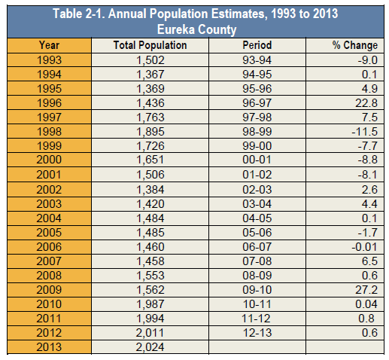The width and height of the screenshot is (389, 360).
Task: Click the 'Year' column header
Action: coord(49,45)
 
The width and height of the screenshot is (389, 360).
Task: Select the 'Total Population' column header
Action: coord(150,45)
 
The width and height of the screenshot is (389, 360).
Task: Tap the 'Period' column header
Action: coord(257,45)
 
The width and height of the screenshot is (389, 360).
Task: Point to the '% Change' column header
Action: coord(355,45)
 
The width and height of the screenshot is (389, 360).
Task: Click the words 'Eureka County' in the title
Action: coord(196,29)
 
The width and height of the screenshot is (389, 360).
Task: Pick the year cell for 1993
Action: coord(49,60)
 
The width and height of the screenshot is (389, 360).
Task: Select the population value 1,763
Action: coord(150,117)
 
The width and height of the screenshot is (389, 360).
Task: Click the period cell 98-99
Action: coord(257,132)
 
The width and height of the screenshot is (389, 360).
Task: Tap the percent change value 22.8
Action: coord(366,103)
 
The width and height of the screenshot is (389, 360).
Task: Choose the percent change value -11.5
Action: coord(364,132)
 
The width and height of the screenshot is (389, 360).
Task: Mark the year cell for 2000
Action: coord(49,160)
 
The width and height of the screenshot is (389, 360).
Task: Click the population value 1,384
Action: coord(150,190)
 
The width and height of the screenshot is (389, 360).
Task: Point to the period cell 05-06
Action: coord(257,233)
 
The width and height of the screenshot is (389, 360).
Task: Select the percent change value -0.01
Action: coord(364,247)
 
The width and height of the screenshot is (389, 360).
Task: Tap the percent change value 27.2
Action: coord(366,290)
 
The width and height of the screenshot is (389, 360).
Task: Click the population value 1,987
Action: coord(150,304)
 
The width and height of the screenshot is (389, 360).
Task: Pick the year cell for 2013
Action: coord(49,347)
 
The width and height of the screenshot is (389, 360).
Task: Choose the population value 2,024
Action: coord(150,347)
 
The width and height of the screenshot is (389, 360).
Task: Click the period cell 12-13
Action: coord(257,333)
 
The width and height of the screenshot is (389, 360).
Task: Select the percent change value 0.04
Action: coord(366,304)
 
